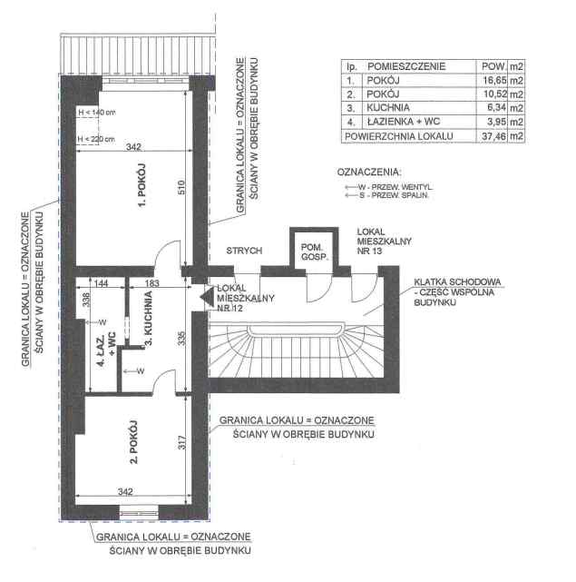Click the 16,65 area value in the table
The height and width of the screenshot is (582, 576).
(x=494, y=80)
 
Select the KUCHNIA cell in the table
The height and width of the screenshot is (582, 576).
(x=388, y=108)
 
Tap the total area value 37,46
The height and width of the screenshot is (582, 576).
(x=493, y=136)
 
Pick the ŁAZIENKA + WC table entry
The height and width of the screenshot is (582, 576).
(x=403, y=122)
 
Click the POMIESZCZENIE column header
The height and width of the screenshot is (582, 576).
(x=406, y=66)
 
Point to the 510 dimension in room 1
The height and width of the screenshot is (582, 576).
(x=181, y=187)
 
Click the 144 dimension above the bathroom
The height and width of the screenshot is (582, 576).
(x=101, y=283)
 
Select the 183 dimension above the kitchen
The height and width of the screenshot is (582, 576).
(x=151, y=283)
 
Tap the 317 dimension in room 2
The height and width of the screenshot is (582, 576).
(x=181, y=442)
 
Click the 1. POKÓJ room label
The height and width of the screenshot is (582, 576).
(x=142, y=185)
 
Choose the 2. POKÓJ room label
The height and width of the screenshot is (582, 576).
(x=133, y=442)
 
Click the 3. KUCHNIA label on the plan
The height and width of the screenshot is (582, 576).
(x=148, y=318)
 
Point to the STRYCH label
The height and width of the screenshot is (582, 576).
(x=244, y=251)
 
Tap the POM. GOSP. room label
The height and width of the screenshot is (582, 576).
(x=315, y=252)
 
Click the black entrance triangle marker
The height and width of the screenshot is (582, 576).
(x=208, y=297)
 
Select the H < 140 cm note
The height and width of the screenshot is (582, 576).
(x=97, y=112)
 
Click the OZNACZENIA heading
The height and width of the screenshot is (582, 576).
(x=369, y=173)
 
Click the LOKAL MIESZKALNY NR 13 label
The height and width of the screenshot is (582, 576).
(x=385, y=242)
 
